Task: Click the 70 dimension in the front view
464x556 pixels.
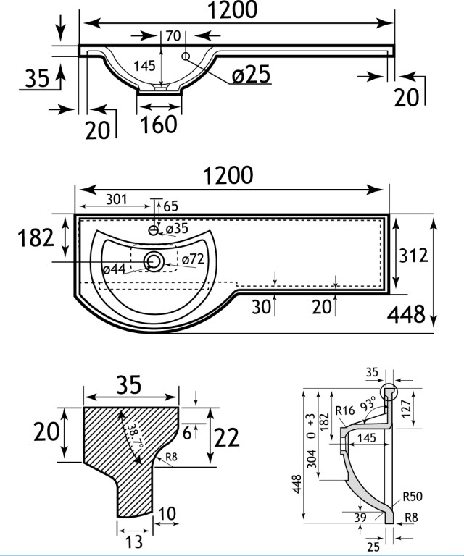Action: (173, 34)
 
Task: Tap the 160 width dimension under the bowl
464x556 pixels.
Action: (159, 124)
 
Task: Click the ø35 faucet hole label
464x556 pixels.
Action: (177, 229)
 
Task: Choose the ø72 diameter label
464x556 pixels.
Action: (192, 258)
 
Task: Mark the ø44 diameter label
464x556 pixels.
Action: (115, 269)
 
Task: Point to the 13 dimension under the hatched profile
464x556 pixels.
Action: (133, 541)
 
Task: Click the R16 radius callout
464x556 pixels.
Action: (345, 411)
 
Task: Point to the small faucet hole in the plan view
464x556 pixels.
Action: (154, 230)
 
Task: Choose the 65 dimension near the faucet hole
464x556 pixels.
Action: (170, 206)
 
